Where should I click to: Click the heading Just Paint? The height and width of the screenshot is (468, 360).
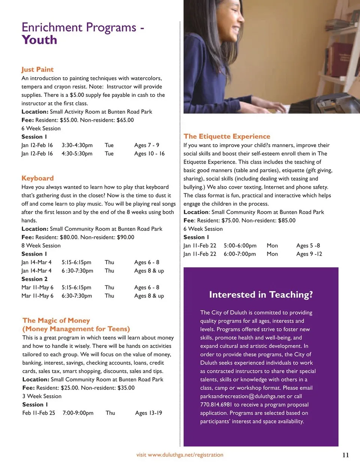coord(37,69)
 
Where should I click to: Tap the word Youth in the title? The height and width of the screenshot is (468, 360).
coord(39,40)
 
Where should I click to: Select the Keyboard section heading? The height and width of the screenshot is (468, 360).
coord(37,178)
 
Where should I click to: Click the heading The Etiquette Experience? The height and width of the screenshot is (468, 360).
coord(227,136)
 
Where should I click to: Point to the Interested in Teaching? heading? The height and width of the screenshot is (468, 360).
coord(261,295)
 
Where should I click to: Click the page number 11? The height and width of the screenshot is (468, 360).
coord(345,455)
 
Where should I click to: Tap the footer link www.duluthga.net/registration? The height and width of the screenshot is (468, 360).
coord(186,455)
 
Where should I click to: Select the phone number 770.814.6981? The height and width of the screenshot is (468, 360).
coord(216,405)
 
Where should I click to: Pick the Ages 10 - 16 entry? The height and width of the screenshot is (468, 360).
coord(149,153)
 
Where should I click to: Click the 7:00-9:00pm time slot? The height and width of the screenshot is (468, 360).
coord(78,413)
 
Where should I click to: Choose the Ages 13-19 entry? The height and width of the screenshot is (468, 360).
coord(148,413)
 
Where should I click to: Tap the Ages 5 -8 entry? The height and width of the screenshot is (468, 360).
coord(308,245)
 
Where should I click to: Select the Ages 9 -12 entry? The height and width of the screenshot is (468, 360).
coord(309,254)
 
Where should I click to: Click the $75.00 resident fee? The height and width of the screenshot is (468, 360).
coord(229,220)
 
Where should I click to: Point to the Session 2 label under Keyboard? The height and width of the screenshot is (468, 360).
coord(34,279)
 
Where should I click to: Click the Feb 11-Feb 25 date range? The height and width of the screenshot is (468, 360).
coord(39,413)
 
